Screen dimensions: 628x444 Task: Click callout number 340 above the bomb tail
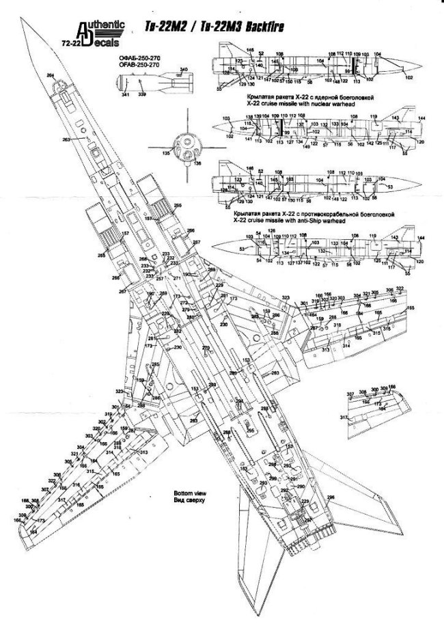click(x=183, y=70)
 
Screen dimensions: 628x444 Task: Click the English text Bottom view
click(x=167, y=493)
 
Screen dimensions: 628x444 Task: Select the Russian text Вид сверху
click(x=167, y=500)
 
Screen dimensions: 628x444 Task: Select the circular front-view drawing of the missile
click(x=182, y=145)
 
